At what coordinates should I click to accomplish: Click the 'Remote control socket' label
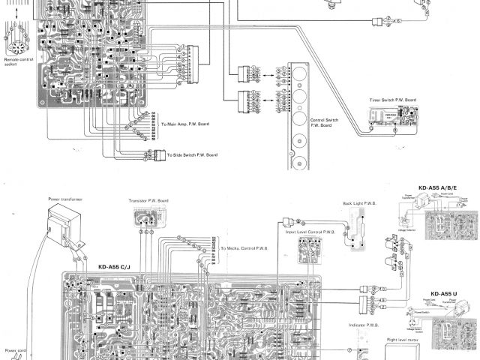coord(16,62)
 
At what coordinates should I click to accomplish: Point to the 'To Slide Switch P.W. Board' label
coord(190,154)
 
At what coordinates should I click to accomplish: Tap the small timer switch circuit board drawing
coord(392,116)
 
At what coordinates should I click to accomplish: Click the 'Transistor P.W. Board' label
coord(152,201)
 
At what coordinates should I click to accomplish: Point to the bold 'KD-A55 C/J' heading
coord(114,265)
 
